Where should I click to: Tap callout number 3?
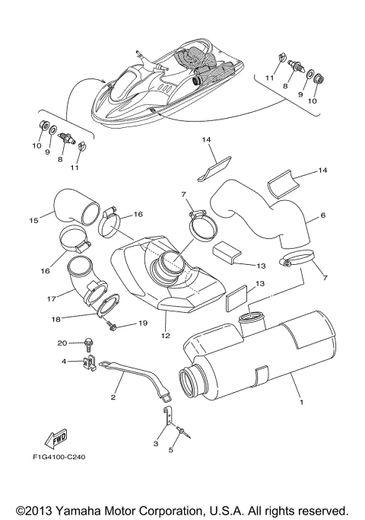[x=156, y=442]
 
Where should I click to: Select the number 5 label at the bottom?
[x=170, y=450]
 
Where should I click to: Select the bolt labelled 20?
[x=88, y=344]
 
